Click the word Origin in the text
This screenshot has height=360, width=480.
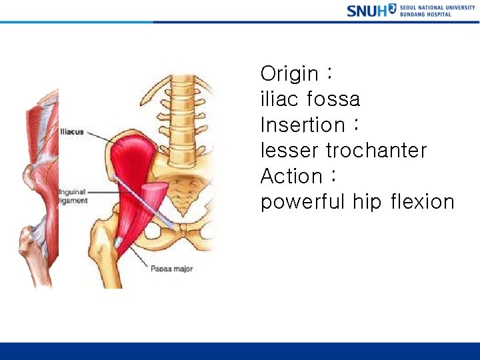tap(289, 73)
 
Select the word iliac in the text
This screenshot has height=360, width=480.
tap(279, 99)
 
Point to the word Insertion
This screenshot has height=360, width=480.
tap(302, 125)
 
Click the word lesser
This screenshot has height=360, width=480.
tap(289, 151)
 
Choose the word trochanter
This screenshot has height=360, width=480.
tap(377, 151)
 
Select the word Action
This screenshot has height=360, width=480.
tap(291, 176)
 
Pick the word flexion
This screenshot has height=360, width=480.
tap(421, 202)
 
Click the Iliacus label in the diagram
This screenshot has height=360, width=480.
tap(72, 132)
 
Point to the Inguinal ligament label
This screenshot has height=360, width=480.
tap(73, 196)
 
